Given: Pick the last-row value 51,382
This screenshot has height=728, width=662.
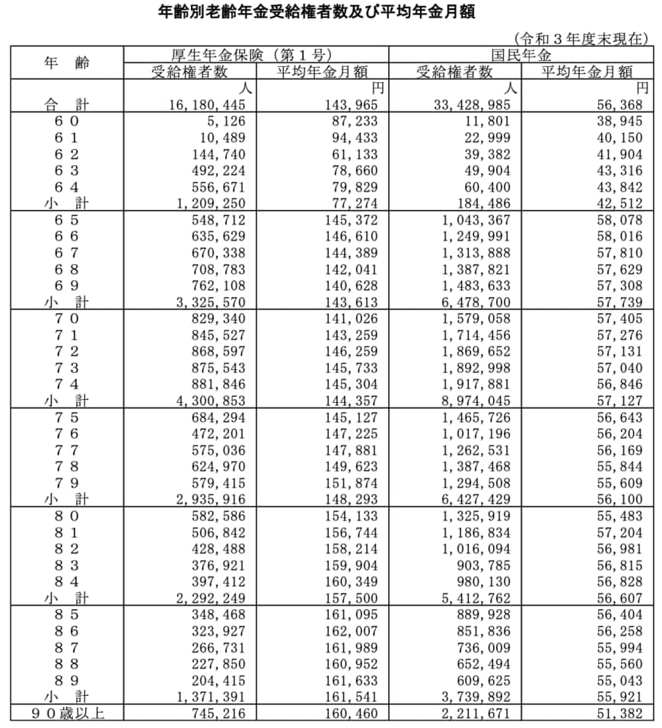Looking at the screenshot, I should [x=621, y=714].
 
